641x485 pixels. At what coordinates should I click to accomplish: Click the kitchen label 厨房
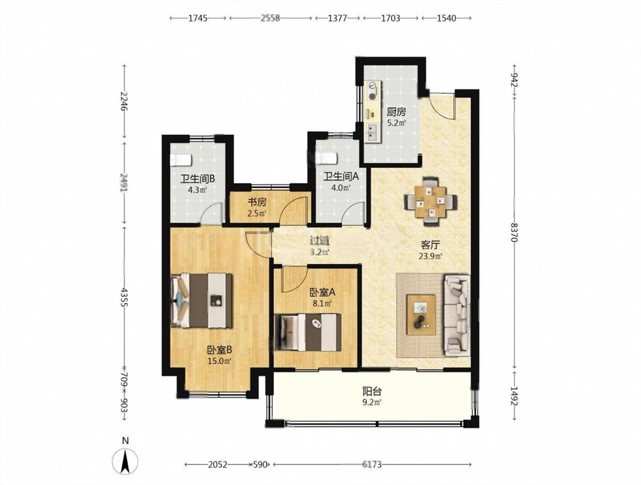pyautogui.click(x=397, y=112)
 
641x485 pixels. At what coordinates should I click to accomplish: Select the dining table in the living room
pyautogui.click(x=431, y=201)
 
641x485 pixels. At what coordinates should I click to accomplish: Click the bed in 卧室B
pyautogui.click(x=202, y=301)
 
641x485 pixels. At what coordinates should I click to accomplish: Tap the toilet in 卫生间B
pyautogui.click(x=181, y=160)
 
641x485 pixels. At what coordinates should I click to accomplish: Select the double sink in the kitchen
pyautogui.click(x=373, y=131)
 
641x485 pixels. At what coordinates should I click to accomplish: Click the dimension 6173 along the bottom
pyautogui.click(x=372, y=465)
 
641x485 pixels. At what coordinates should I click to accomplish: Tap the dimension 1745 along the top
pyautogui.click(x=198, y=18)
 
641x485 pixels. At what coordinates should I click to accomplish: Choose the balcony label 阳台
pyautogui.click(x=372, y=392)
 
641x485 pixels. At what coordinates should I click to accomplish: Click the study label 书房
pyautogui.click(x=257, y=202)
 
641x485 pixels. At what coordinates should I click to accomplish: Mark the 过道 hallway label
pyautogui.click(x=320, y=241)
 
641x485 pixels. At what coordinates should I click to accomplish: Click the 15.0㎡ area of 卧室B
pyautogui.click(x=219, y=361)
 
